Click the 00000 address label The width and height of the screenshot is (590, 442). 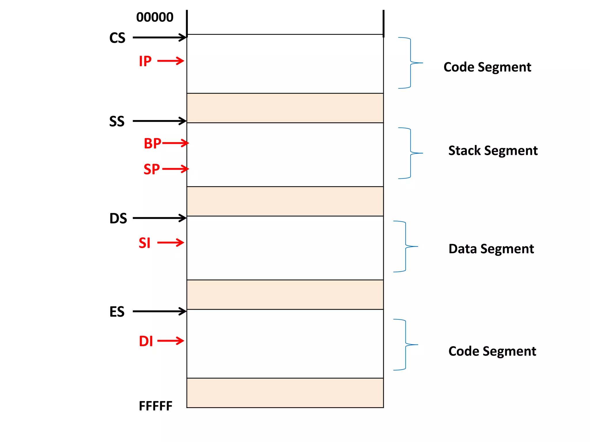click(155, 17)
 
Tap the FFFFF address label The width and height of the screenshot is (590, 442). click(156, 406)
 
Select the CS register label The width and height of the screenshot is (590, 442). click(117, 38)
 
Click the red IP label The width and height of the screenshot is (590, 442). click(145, 61)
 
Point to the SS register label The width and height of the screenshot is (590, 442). click(117, 121)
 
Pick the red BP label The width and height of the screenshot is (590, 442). click(152, 143)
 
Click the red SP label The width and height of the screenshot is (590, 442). click(152, 169)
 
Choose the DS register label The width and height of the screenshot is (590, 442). click(118, 218)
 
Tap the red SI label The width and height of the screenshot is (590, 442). click(145, 243)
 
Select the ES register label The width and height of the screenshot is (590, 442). click(117, 312)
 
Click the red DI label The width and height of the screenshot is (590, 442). click(146, 341)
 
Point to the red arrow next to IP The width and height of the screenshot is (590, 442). click(171, 61)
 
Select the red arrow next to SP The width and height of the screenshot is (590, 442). click(175, 169)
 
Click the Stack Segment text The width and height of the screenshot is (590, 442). click(493, 150)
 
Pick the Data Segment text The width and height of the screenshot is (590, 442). click(491, 249)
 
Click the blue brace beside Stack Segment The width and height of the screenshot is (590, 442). click(411, 153)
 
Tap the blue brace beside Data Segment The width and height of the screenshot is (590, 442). click(406, 246)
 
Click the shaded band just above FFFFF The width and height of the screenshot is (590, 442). click(285, 393)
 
